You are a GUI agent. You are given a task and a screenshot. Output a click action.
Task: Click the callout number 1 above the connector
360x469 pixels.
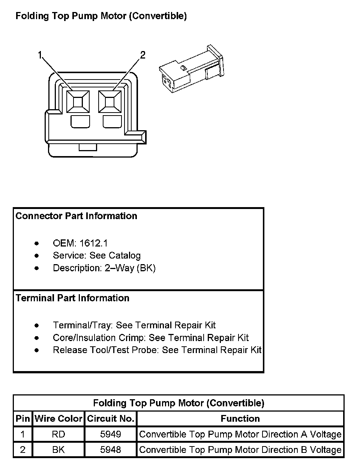tap(40, 56)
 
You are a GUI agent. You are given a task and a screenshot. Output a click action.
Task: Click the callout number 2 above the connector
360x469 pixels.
tap(142, 55)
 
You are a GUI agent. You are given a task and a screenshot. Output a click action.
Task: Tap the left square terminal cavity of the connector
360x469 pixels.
tap(78, 101)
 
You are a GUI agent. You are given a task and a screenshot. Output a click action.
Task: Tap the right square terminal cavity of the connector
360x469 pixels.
tap(110, 101)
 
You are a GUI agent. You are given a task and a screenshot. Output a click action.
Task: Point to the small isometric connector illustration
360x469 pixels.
tap(191, 69)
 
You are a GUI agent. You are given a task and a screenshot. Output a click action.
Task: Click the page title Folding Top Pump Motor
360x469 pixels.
tap(101, 16)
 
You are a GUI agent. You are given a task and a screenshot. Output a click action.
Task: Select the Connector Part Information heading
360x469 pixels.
tap(76, 216)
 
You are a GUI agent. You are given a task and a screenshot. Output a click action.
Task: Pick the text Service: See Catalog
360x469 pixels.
tap(97, 256)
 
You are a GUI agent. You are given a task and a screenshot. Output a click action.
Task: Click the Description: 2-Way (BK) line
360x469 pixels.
tap(104, 268)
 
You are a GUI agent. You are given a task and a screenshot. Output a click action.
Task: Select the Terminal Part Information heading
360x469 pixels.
tap(72, 298)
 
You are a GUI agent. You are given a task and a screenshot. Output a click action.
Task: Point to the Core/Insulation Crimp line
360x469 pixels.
tap(151, 338)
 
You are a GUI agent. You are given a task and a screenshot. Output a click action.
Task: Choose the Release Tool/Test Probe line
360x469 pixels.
tap(157, 350)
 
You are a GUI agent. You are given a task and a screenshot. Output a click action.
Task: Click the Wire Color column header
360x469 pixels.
tap(58, 419)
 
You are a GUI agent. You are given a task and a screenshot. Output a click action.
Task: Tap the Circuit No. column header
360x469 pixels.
tap(111, 419)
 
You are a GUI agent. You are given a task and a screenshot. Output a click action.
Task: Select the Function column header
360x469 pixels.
tap(240, 419)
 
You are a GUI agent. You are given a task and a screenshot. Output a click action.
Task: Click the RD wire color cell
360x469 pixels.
tap(58, 434)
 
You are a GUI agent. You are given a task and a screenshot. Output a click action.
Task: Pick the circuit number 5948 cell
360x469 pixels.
tap(111, 449)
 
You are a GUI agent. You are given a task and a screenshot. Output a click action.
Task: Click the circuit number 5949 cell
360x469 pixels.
tap(111, 434)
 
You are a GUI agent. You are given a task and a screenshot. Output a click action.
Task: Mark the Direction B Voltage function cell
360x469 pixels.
tap(240, 449)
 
